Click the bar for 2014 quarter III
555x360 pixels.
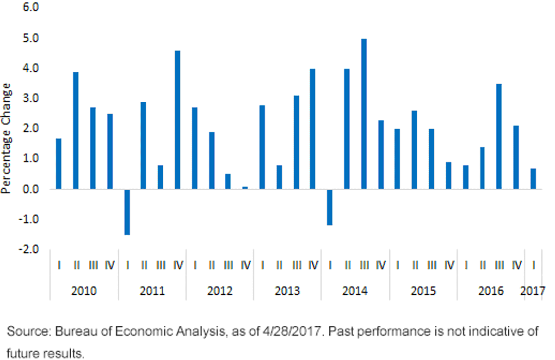[x=364, y=114]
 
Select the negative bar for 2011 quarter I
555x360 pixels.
[x=127, y=212]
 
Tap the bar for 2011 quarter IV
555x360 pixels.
[x=178, y=120]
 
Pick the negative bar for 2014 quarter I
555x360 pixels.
[x=329, y=207]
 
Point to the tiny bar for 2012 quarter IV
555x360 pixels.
[x=245, y=188]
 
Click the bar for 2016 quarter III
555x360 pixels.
[x=499, y=137]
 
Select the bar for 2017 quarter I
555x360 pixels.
[x=533, y=179]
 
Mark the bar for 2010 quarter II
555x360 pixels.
[x=75, y=130]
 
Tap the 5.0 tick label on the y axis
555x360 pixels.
[x=31, y=38]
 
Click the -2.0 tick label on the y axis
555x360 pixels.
[x=29, y=249]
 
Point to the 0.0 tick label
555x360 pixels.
[x=31, y=189]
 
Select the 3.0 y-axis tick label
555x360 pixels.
[x=31, y=99]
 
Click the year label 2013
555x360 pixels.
[x=287, y=291]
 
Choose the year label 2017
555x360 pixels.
[x=533, y=291]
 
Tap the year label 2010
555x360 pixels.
[x=84, y=291]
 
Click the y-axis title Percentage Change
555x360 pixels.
[x=6, y=138]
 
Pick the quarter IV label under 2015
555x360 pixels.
[x=449, y=265]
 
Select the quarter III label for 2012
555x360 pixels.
[x=228, y=265]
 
